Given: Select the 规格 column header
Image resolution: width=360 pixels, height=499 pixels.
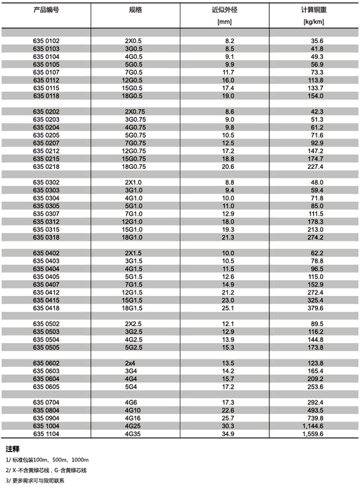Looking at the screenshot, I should click(x=135, y=10).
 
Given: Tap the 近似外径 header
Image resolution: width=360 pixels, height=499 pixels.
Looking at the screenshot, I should click(x=225, y=10).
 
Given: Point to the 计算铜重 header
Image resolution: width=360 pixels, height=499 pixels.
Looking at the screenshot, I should click(x=313, y=10).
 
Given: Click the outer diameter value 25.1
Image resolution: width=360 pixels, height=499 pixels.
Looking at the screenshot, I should click(x=227, y=308).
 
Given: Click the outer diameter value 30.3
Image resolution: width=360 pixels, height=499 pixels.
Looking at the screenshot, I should click(x=227, y=426).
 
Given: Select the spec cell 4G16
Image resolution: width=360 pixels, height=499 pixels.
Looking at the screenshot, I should click(x=131, y=418).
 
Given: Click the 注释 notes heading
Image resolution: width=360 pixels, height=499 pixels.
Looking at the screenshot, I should click(x=13, y=449).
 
